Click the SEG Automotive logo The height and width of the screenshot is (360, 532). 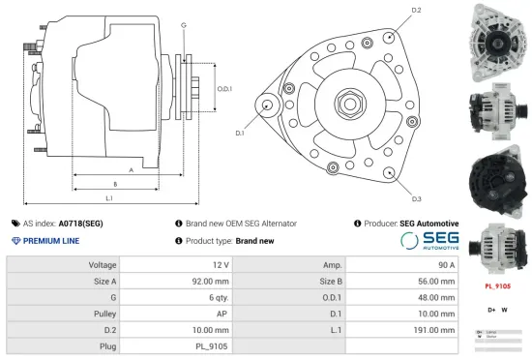tap(429, 241)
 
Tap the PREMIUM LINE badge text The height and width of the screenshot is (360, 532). tap(51, 241)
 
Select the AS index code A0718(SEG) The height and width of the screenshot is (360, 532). tap(80, 224)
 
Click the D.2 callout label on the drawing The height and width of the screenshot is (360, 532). tap(416, 11)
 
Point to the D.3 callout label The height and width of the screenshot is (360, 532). tap(416, 198)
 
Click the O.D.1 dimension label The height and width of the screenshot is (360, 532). tap(223, 89)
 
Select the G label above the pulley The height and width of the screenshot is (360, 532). tap(183, 23)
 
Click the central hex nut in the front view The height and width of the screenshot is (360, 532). tap(346, 105)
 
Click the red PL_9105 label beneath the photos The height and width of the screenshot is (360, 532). tap(497, 287)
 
